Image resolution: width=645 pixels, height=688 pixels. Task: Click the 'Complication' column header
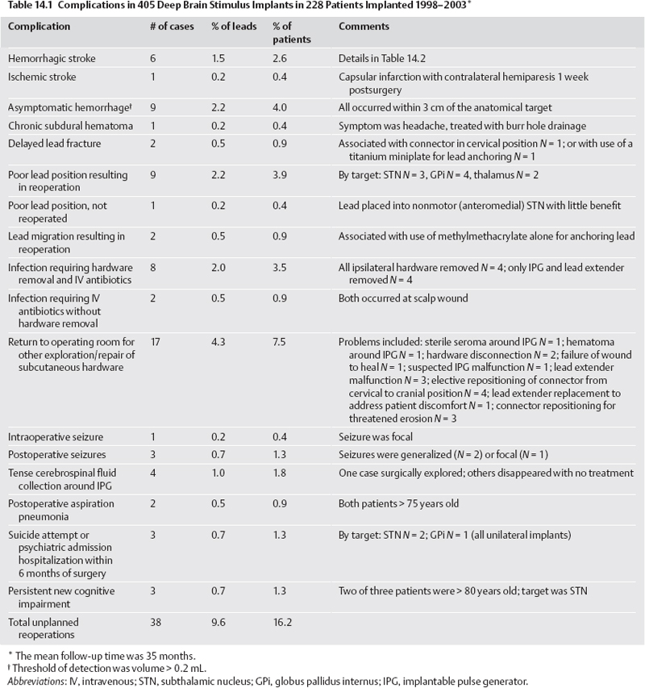[x=39, y=27]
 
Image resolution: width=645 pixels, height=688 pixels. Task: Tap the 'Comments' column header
[x=364, y=27]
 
